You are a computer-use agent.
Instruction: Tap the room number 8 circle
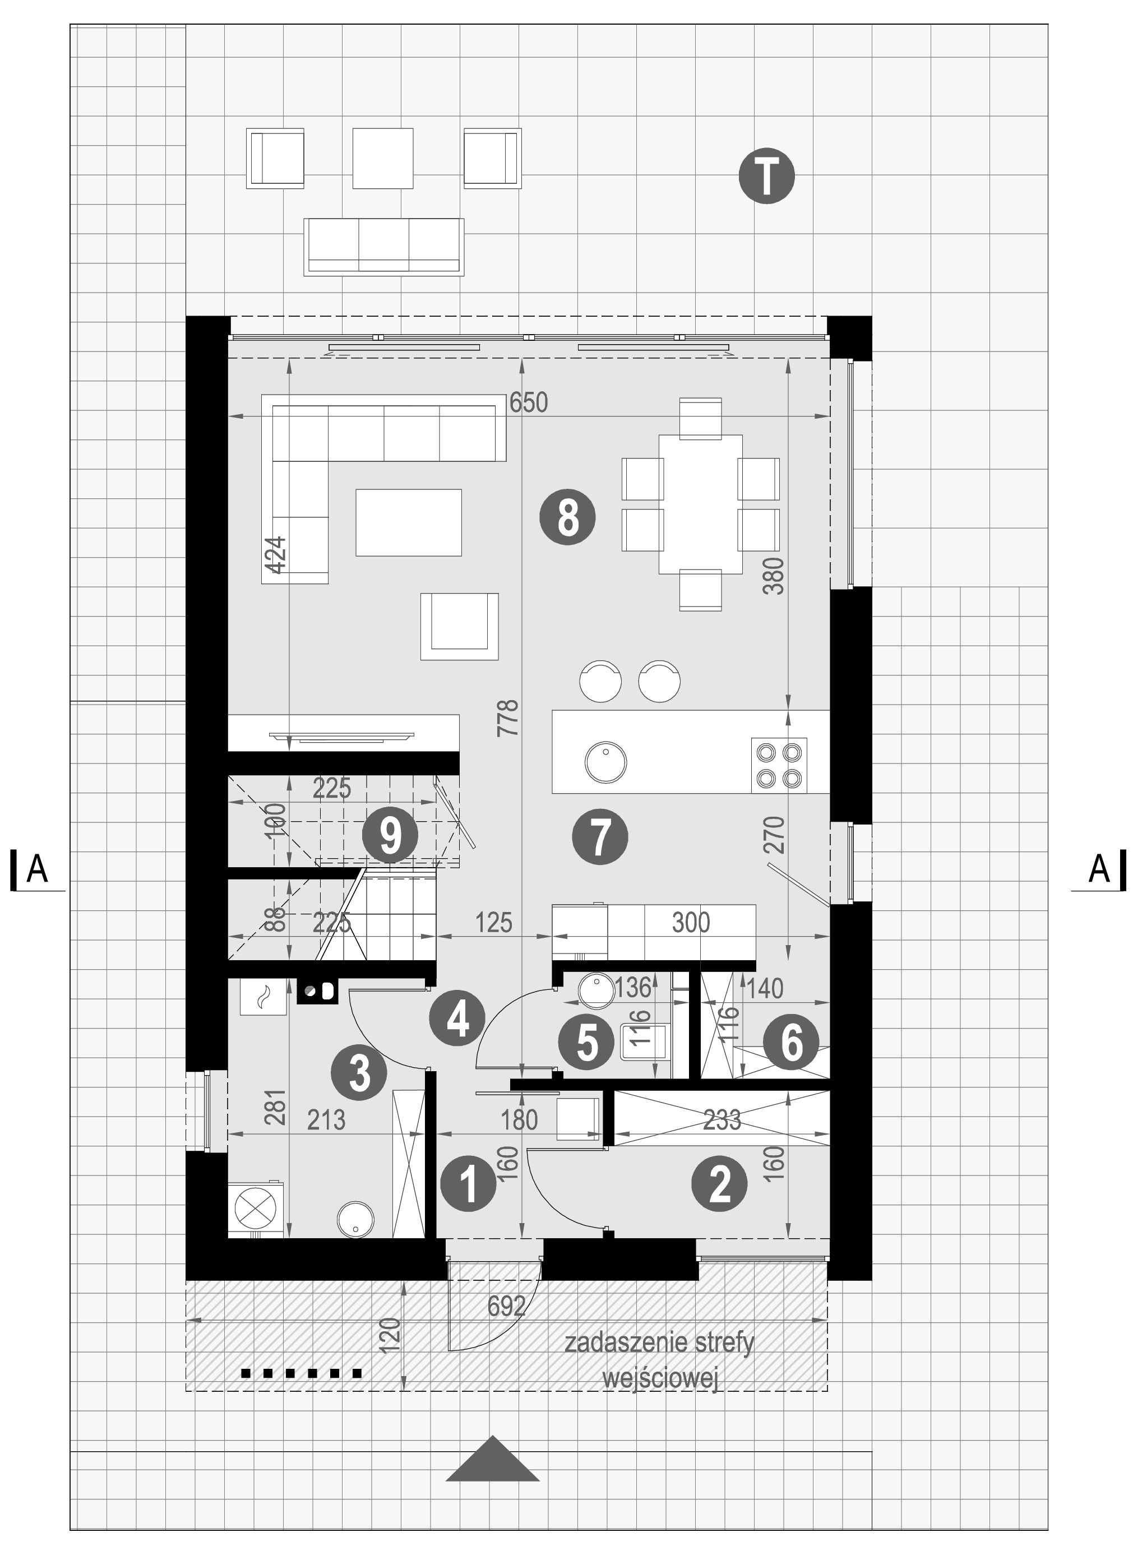click(x=567, y=518)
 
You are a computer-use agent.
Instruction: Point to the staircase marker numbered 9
click(x=390, y=835)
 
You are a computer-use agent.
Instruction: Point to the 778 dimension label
click(x=508, y=718)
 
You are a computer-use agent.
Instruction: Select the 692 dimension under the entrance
click(x=506, y=1306)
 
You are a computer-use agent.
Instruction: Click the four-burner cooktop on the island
click(x=779, y=765)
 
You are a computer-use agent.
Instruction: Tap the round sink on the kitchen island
click(x=605, y=761)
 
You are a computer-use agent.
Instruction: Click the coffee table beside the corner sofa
click(x=409, y=522)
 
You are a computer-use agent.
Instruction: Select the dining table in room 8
click(x=700, y=504)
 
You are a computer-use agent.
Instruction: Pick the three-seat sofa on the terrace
click(x=384, y=247)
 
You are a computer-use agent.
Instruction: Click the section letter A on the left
click(x=37, y=869)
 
